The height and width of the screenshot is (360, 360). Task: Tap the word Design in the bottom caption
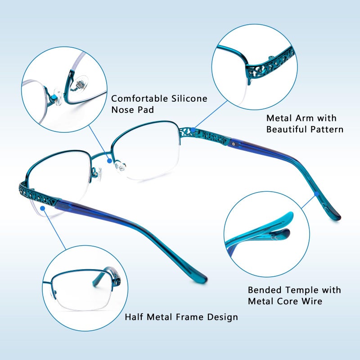tap(222, 317)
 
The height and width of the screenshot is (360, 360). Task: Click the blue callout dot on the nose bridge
tap(109, 161)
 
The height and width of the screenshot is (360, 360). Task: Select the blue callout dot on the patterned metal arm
tap(193, 130)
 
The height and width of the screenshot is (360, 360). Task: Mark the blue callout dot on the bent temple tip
tap(317, 194)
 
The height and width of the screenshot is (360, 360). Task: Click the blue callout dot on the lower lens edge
tap(42, 208)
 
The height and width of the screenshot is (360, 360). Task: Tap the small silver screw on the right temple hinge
tap(234, 144)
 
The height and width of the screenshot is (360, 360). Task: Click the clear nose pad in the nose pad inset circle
tap(80, 85)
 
